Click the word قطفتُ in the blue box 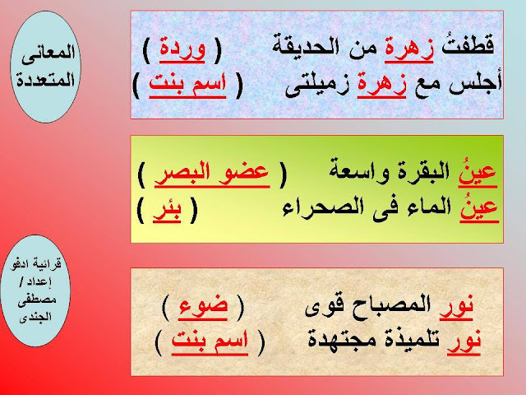coord(468,46)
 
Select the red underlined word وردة coord(182,49)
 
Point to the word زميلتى coord(316,86)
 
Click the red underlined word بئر coord(168,211)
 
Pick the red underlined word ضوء coord(203,307)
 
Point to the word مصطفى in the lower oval coord(37,299)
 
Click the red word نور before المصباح coord(457,307)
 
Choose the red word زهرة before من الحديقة coord(409,50)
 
